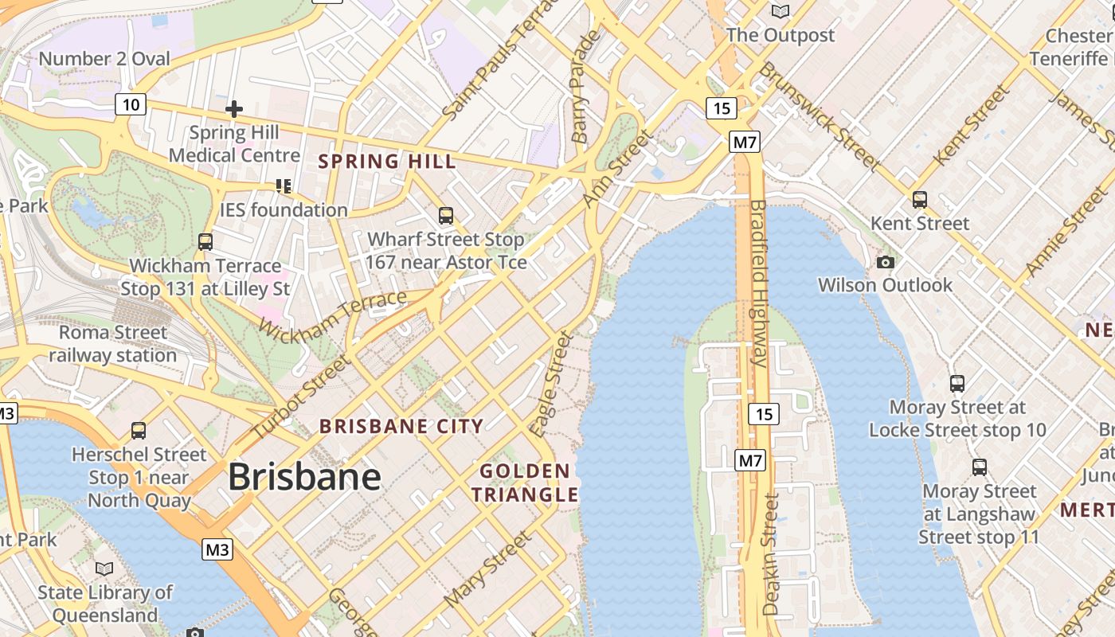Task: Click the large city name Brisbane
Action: pos(304,477)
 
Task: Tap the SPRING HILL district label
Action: pos(387,162)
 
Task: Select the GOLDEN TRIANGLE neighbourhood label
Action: pos(525,483)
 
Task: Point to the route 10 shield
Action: pos(131,104)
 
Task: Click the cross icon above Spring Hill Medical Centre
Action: pos(234,108)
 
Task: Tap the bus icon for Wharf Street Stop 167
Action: pos(446,216)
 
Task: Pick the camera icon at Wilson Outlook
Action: pos(885,262)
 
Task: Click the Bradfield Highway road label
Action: pos(757,283)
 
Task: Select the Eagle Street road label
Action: pos(553,385)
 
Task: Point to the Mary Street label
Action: pos(487,569)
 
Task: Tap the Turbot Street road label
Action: pos(300,397)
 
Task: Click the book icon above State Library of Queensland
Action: pos(104,569)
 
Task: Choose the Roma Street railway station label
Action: pos(113,343)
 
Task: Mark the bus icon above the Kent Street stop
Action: pos(920,200)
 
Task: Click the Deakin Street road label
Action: pos(771,553)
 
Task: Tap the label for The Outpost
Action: pos(780,35)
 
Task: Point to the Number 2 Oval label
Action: pos(104,59)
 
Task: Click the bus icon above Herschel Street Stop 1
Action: pos(139,431)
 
